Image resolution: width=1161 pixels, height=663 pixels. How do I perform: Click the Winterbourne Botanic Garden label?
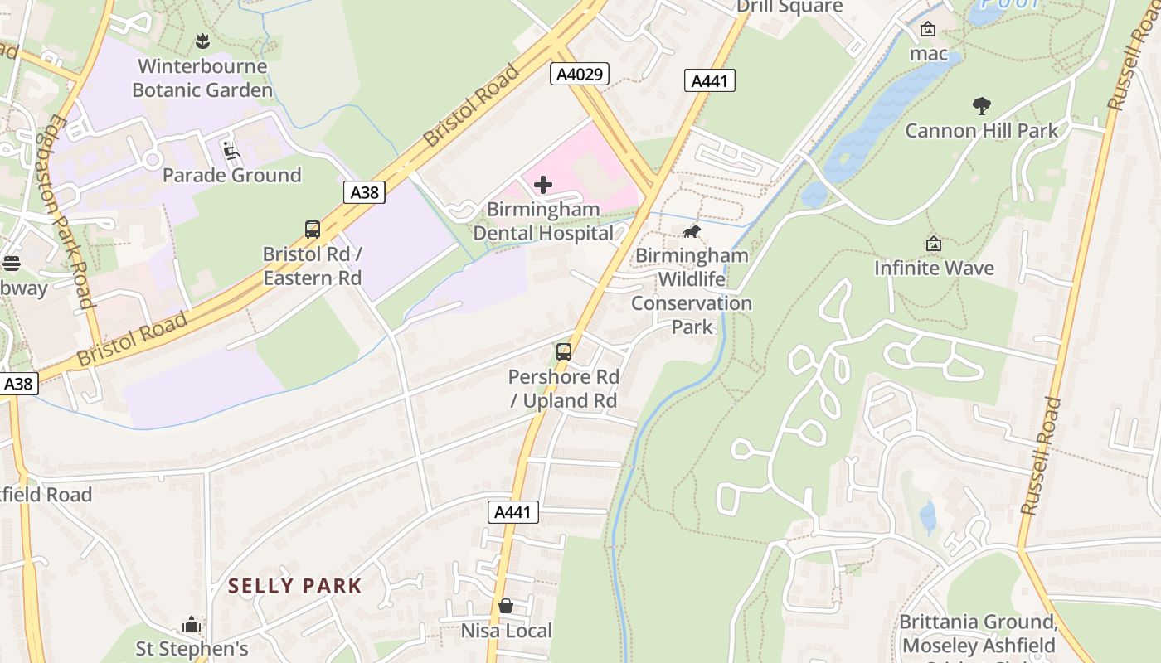coord(202,78)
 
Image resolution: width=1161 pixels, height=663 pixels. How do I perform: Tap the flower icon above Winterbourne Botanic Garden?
coord(202,41)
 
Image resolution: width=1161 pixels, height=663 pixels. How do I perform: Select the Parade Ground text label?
coord(231,175)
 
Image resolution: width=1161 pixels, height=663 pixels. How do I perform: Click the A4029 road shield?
coord(580,75)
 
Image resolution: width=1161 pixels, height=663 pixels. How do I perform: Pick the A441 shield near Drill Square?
coord(710,80)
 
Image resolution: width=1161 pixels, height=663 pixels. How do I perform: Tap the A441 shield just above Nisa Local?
coord(512,512)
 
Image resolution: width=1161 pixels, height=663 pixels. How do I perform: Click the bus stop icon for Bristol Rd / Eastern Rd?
coord(313,230)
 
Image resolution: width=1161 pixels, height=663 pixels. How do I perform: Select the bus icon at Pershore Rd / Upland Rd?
coord(564,352)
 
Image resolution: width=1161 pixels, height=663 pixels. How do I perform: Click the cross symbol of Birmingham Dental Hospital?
coord(543,185)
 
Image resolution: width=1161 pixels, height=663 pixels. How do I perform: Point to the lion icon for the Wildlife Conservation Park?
coord(692,231)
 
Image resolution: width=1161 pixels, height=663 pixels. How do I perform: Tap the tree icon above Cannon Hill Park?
coord(982,106)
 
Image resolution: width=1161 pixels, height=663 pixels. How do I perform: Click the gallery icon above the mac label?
coord(928,29)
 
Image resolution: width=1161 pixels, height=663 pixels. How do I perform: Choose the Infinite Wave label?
coord(934,268)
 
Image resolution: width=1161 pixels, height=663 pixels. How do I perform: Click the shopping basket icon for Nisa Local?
coord(506,607)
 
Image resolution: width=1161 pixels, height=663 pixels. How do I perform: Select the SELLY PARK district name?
coord(295,586)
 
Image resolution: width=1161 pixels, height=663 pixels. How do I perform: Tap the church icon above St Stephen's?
coord(192,624)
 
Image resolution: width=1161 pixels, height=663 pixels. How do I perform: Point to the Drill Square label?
coord(789,7)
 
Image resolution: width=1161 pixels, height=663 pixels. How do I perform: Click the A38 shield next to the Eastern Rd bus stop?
coord(364,192)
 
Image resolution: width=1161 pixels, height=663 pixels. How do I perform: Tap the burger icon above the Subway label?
coord(12,264)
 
